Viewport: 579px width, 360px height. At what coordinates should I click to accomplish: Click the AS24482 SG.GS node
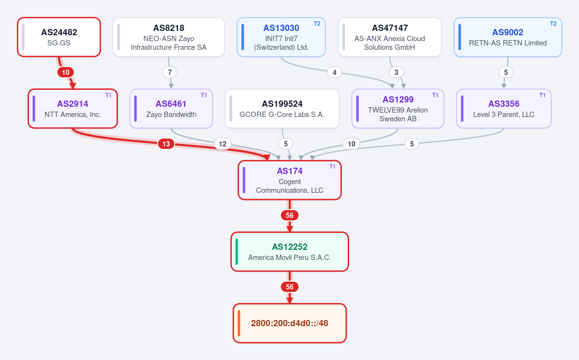(x=59, y=37)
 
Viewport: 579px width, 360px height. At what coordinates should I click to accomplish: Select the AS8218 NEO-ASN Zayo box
(x=169, y=37)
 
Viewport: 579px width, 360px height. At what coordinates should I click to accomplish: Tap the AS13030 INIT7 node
(x=281, y=37)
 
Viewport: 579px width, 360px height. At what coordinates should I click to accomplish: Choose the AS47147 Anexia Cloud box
(x=390, y=37)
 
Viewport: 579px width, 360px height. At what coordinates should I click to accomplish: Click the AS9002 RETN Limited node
(x=508, y=37)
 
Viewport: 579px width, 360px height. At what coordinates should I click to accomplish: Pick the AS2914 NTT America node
(x=73, y=109)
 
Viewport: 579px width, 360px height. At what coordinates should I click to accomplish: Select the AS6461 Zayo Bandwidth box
(x=171, y=109)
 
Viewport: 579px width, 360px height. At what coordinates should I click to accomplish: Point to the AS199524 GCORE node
(x=282, y=109)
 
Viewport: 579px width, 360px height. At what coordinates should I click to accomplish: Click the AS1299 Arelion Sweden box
(x=398, y=109)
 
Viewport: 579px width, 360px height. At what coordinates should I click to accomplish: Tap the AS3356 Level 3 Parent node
(x=504, y=109)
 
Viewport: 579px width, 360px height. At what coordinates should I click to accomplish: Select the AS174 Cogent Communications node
(x=290, y=180)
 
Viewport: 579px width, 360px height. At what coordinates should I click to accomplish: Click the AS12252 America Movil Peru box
(x=290, y=252)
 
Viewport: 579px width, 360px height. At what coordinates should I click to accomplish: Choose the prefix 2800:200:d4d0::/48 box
(x=290, y=323)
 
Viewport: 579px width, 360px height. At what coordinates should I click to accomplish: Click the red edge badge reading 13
(x=166, y=144)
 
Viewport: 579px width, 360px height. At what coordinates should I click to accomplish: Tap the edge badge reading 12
(x=223, y=144)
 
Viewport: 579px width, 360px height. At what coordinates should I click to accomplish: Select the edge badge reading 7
(x=170, y=72)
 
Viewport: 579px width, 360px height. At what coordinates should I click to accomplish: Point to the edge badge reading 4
(x=335, y=72)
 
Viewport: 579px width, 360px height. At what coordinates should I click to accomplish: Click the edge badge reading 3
(x=396, y=72)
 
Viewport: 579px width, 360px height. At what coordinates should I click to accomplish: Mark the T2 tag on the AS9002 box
(x=553, y=24)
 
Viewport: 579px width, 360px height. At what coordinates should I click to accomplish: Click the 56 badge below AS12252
(x=290, y=287)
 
